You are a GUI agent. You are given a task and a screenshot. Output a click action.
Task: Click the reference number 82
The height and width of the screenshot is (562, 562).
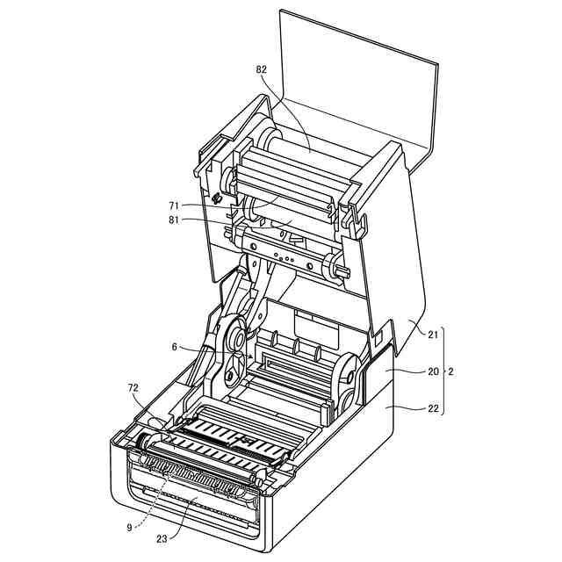262,68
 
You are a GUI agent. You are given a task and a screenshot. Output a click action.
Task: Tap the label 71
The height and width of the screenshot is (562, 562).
174,205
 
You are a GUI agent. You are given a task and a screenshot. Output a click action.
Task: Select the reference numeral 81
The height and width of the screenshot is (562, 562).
174,220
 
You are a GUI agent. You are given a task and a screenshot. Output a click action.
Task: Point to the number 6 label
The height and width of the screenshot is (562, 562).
176,347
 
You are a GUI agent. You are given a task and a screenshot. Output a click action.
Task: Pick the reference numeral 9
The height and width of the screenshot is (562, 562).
128,527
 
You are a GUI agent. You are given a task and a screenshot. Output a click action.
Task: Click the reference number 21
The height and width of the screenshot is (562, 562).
433,335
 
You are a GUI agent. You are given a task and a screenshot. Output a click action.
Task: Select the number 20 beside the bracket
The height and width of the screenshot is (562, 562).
433,371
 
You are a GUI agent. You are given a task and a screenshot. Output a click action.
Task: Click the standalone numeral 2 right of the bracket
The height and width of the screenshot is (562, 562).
451,371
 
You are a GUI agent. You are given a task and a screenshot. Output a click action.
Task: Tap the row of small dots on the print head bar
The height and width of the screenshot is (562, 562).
286,258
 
